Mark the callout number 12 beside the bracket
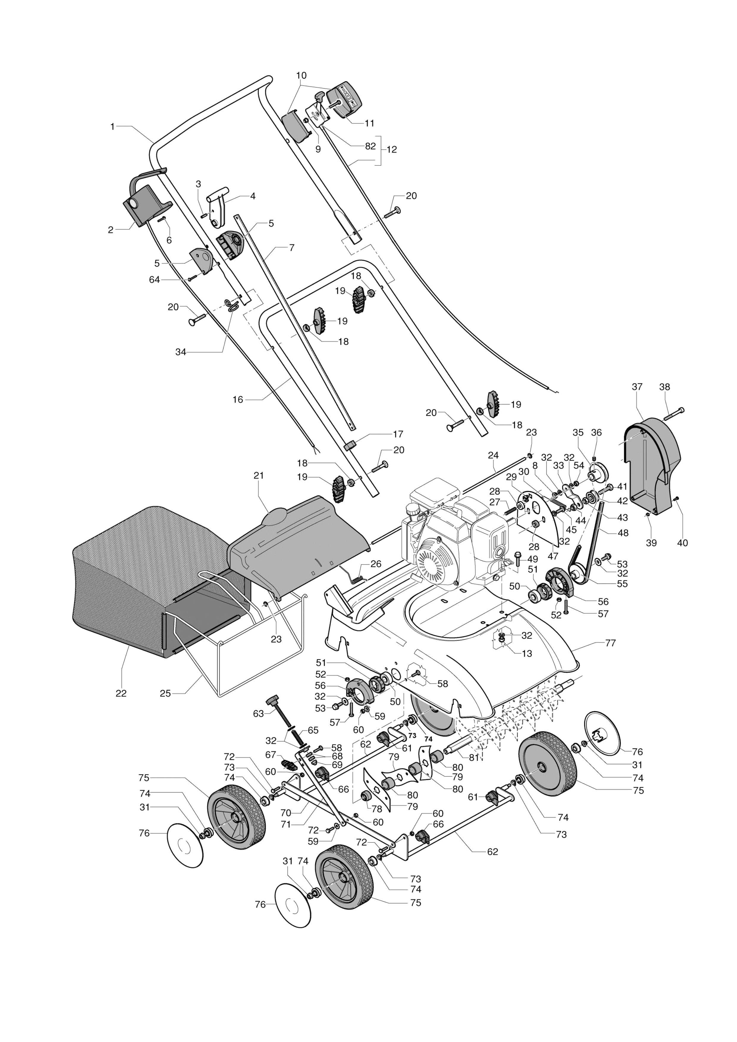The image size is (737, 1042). (392, 149)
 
